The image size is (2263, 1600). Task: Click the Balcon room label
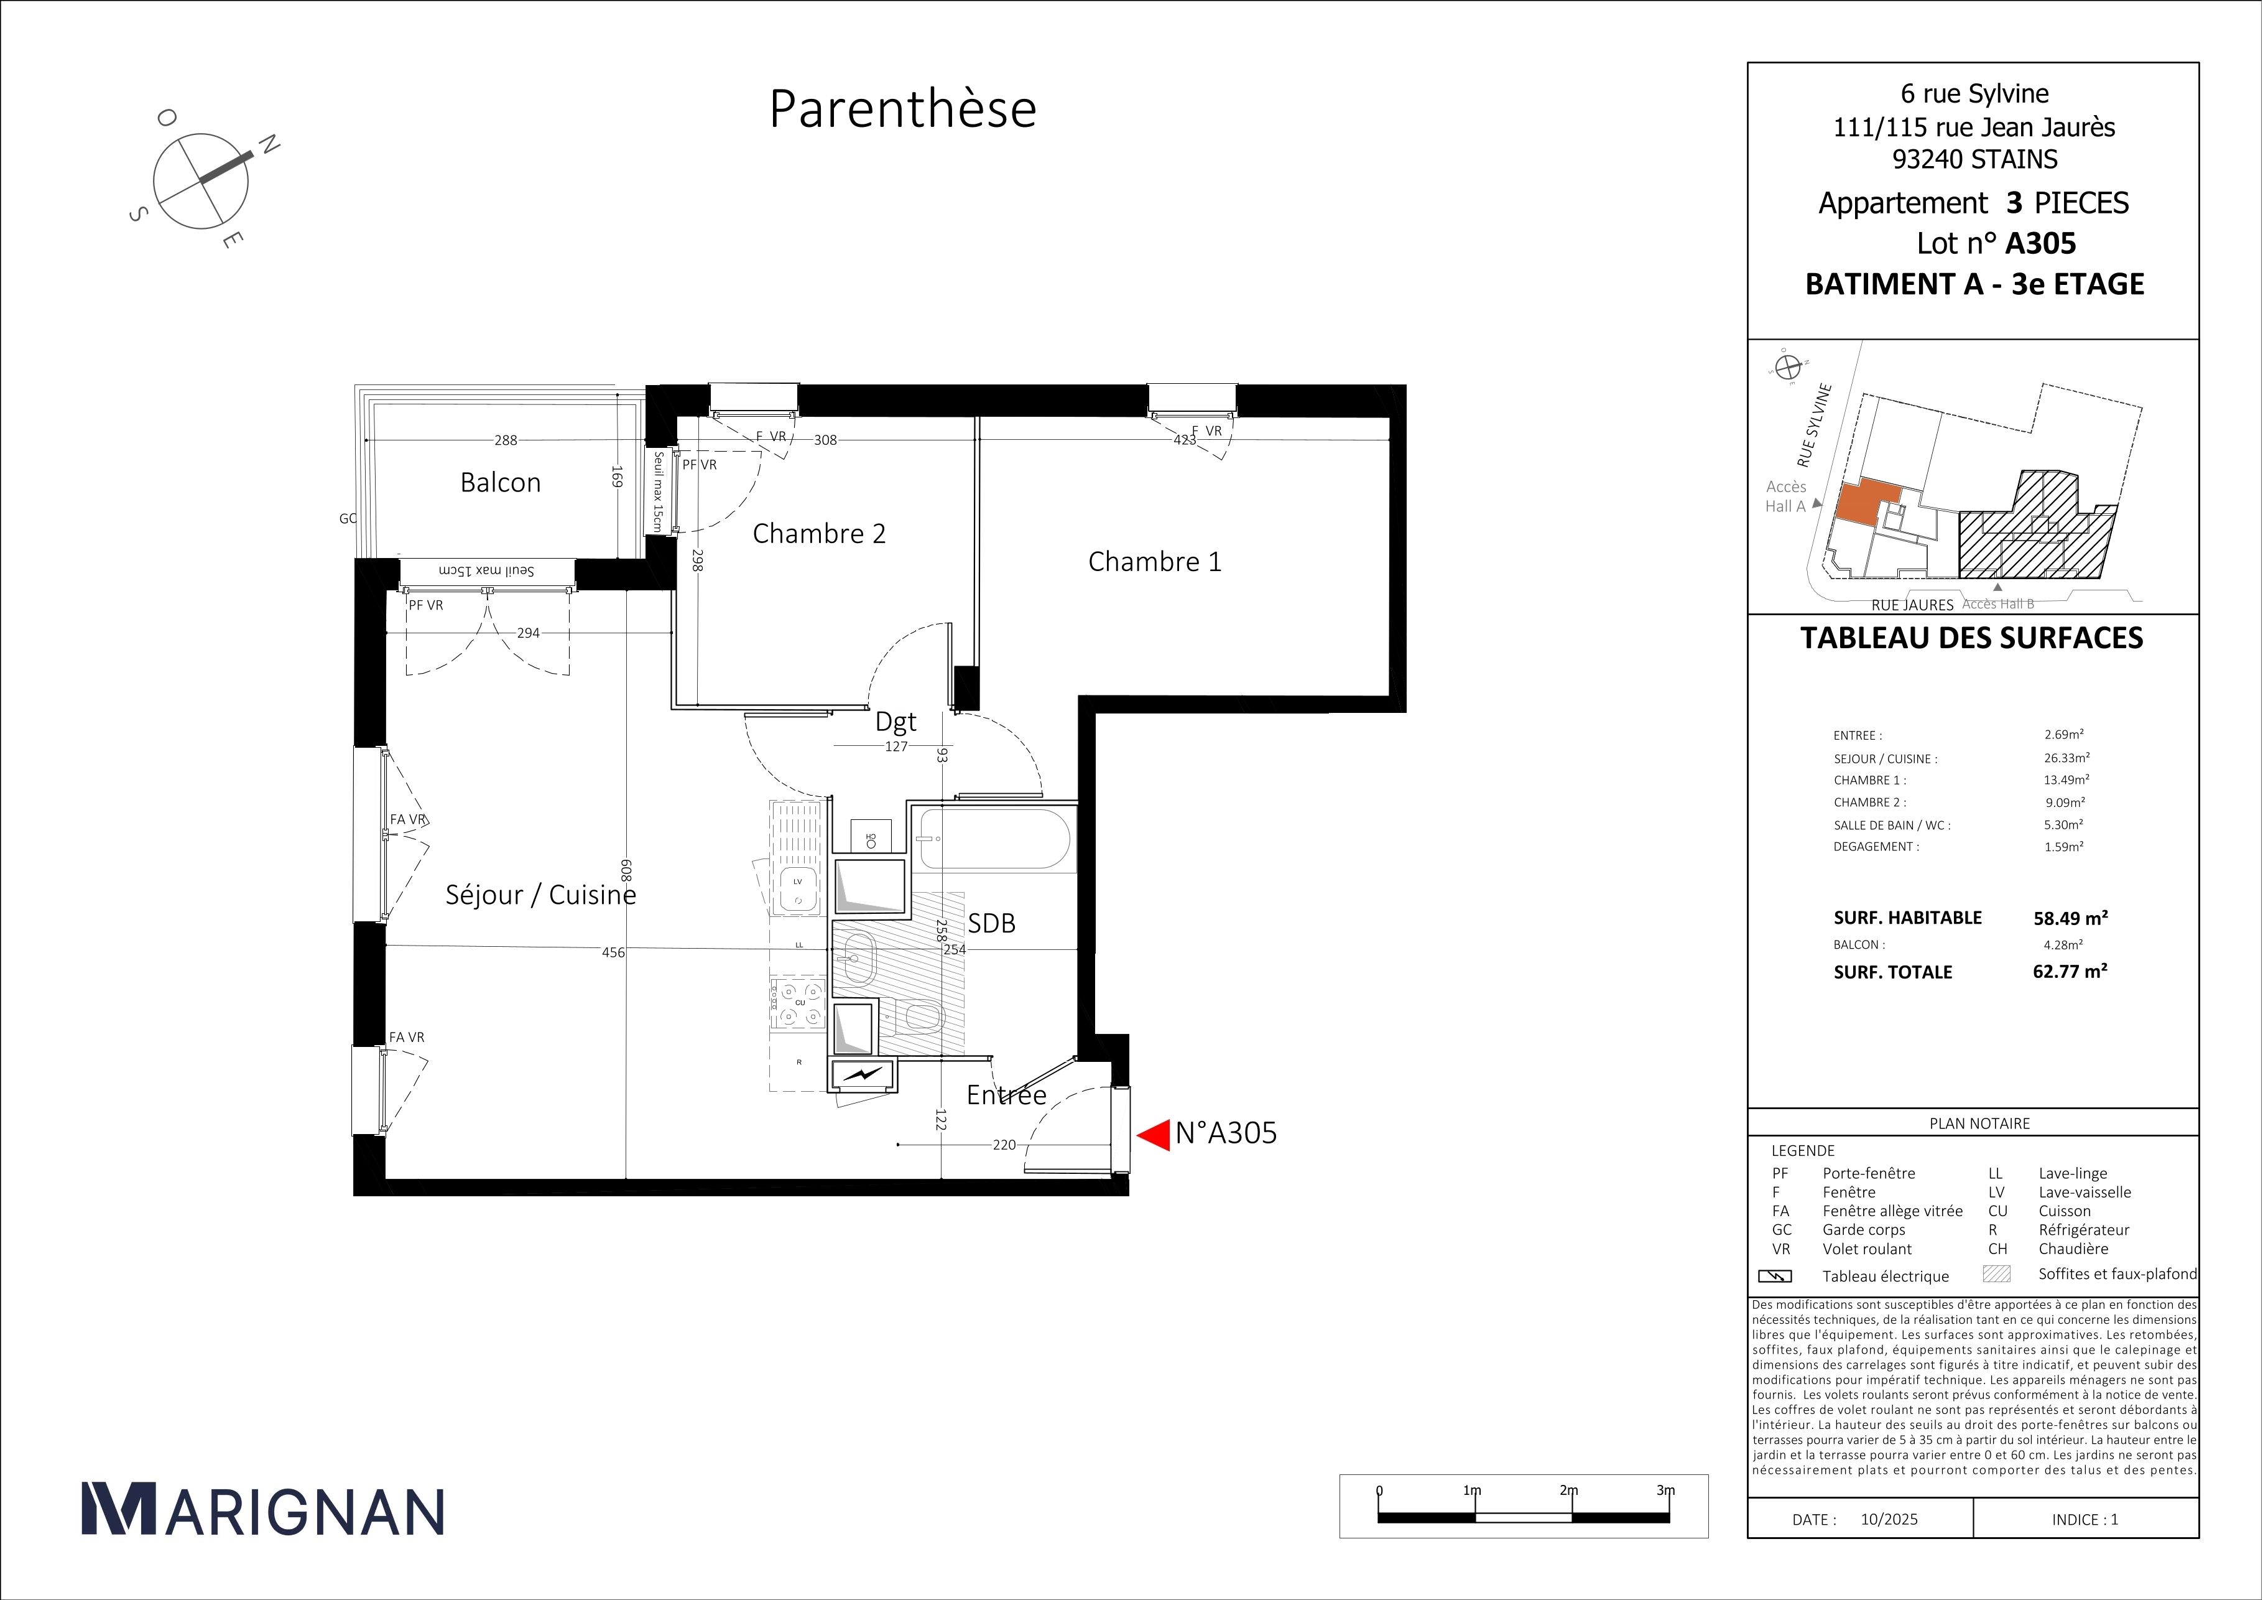point(501,482)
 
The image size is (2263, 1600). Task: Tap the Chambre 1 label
point(1154,561)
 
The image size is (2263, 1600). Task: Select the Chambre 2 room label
point(819,533)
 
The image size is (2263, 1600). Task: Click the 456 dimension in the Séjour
point(613,952)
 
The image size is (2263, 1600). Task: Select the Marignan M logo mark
point(118,1509)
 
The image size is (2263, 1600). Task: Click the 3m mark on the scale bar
point(1666,1490)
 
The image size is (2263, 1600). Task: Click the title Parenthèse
point(902,108)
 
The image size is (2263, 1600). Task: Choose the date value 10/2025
point(1889,1519)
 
